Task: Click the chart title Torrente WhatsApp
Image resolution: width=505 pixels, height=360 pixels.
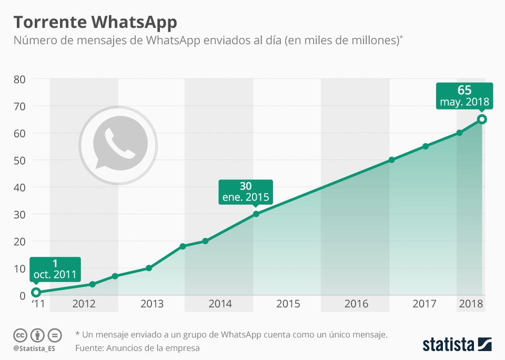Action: click(95, 22)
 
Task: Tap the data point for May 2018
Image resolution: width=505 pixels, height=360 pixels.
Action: click(482, 119)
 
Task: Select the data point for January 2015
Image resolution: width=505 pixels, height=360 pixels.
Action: click(256, 214)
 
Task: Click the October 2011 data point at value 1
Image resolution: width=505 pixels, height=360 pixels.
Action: click(36, 292)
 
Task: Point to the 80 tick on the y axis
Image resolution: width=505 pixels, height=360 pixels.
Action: click(19, 79)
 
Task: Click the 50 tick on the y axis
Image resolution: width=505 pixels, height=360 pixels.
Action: click(19, 160)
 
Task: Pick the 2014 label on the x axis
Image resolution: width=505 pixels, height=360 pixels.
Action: click(220, 304)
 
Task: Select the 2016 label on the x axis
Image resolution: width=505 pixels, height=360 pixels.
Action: click(356, 304)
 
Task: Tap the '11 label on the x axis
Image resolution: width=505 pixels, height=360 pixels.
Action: click(38, 304)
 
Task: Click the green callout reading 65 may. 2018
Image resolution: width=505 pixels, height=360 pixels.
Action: click(464, 96)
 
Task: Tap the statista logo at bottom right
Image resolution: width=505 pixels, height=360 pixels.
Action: click(457, 345)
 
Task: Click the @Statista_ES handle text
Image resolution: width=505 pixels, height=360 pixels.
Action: click(34, 348)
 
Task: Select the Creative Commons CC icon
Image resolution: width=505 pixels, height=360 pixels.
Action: click(21, 335)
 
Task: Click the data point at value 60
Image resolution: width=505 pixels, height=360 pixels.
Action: click(459, 133)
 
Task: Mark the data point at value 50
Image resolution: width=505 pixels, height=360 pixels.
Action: click(391, 160)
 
